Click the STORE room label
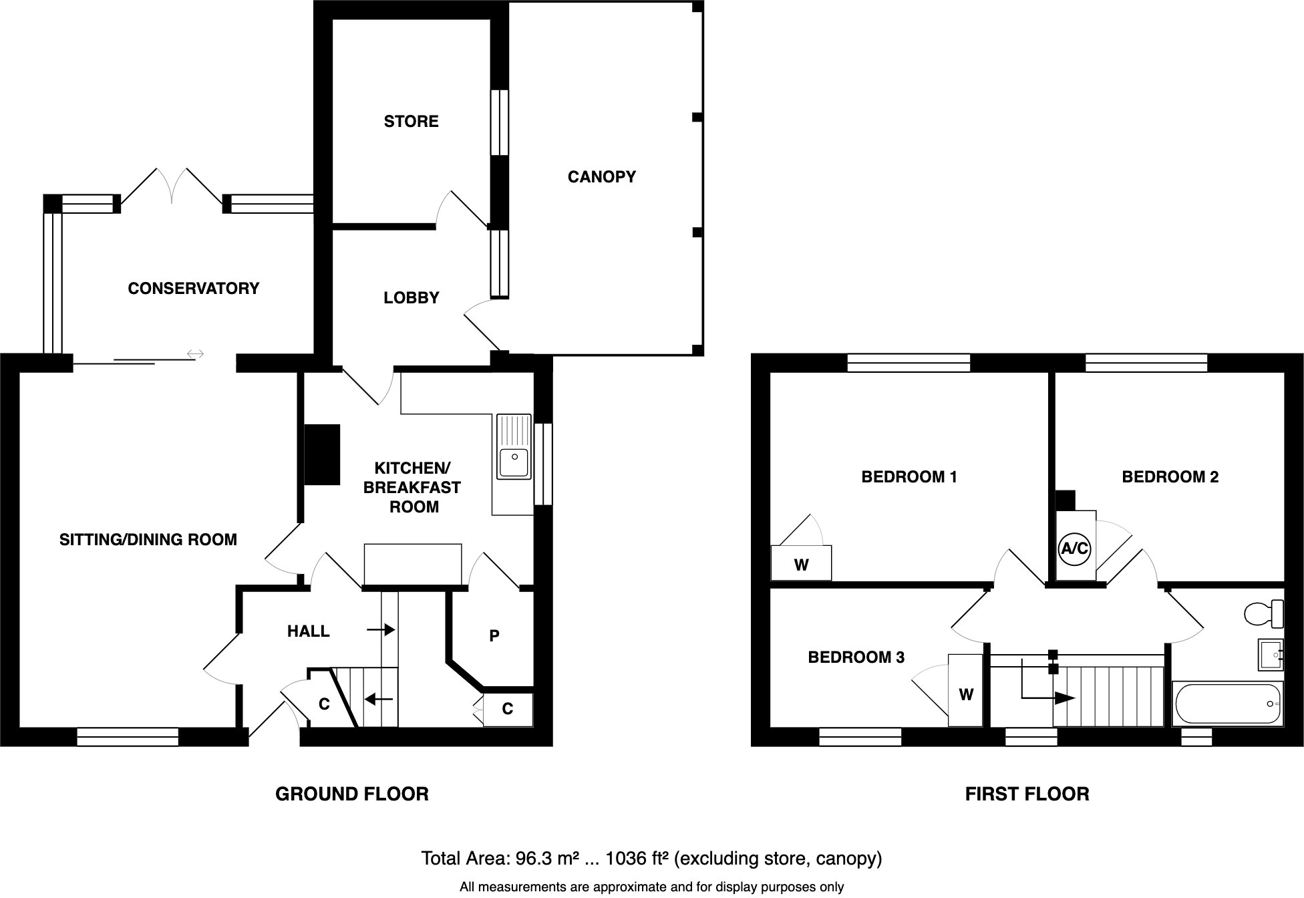[x=411, y=122]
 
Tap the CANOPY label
[x=601, y=177]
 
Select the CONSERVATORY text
[x=193, y=289]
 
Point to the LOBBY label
[x=411, y=298]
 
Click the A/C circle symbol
[x=1075, y=549]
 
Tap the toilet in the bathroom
[x=1263, y=613]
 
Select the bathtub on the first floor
[x=1227, y=704]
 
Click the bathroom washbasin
[x=1270, y=654]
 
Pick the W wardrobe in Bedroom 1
[x=801, y=564]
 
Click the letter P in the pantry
[x=494, y=636]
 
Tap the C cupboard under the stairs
[x=324, y=704]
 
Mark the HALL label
[x=308, y=631]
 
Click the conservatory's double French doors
[x=172, y=186]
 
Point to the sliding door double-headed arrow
[x=195, y=353]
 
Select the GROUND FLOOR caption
[x=351, y=794]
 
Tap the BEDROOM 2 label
[x=1170, y=477]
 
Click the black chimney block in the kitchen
[x=322, y=454]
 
